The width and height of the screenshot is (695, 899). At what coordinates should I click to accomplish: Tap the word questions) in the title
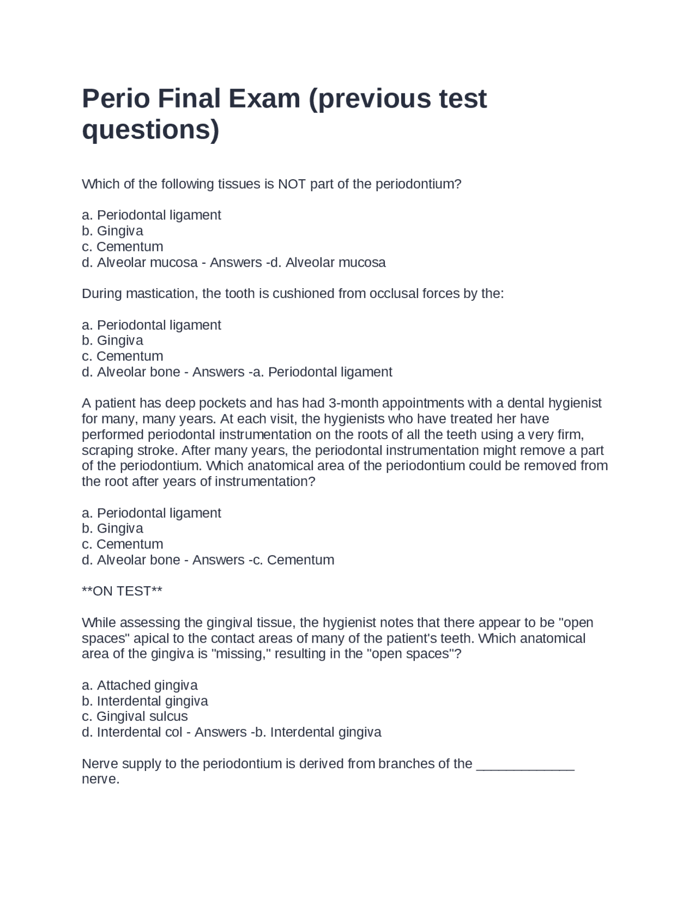click(150, 130)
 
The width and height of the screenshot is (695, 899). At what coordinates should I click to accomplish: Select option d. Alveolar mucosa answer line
click(233, 263)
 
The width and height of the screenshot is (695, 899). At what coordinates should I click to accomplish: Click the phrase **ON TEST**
click(122, 591)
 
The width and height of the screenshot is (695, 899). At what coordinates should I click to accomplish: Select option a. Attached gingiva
click(140, 685)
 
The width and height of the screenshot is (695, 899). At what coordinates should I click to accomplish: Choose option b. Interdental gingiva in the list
click(144, 701)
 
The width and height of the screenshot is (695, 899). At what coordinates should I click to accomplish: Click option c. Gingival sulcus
click(135, 717)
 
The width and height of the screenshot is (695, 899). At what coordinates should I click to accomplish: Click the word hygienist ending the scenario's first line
click(574, 403)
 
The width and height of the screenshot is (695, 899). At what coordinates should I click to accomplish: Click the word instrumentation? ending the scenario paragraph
click(265, 482)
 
